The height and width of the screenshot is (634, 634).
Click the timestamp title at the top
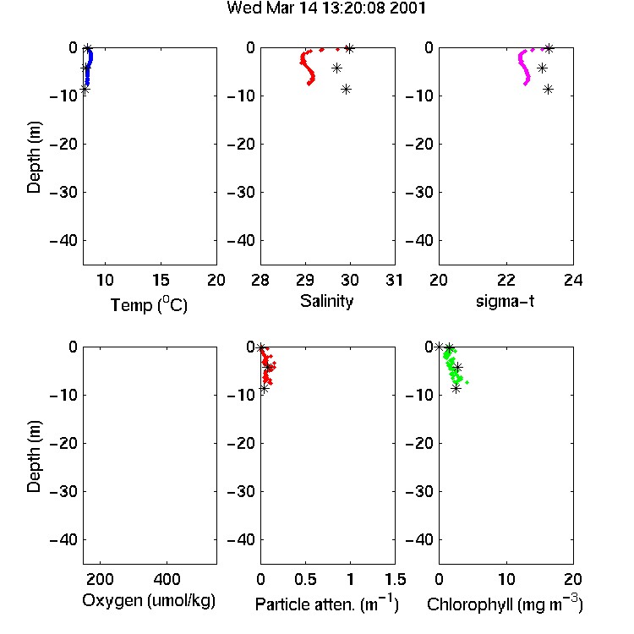326,8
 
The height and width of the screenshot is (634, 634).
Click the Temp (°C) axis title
149,304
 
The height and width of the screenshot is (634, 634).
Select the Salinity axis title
326,301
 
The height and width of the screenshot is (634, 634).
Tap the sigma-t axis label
506,301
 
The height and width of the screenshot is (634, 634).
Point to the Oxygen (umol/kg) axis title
149,601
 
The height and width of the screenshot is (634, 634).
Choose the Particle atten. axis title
326,604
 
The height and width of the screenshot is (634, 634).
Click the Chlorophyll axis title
505,604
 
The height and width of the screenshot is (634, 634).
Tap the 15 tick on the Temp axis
161,280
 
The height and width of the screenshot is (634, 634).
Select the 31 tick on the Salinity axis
395,280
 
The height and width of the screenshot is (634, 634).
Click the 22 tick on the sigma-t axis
506,280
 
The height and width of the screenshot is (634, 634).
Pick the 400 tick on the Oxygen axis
167,579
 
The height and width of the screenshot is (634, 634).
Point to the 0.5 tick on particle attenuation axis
305,579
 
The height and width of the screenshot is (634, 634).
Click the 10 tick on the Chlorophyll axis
506,579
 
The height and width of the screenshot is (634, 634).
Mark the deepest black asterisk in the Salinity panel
346,90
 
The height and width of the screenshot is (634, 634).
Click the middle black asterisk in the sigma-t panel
542,68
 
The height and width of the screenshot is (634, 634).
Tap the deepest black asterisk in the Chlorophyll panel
456,389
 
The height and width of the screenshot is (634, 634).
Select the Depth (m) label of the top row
34,157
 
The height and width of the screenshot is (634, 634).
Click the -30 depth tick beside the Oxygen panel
63,491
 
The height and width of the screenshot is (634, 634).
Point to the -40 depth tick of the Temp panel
63,241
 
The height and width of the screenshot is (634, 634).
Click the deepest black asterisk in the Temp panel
84,90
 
